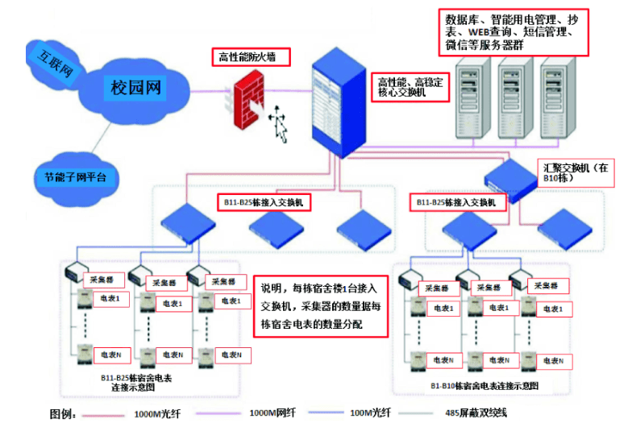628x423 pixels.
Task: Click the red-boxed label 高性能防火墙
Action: [x=251, y=57]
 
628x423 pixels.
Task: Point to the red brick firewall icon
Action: [x=246, y=101]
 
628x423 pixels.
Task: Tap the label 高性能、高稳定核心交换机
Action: [x=409, y=87]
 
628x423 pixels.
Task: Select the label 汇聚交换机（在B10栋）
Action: [x=576, y=172]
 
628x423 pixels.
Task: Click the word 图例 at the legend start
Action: [x=62, y=413]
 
